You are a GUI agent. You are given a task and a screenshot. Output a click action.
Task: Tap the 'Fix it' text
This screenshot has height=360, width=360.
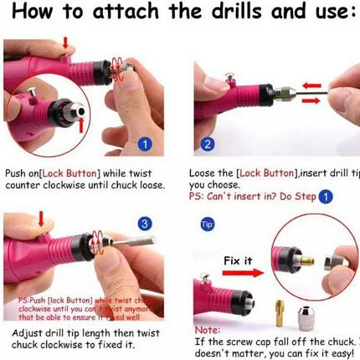(x=237, y=261)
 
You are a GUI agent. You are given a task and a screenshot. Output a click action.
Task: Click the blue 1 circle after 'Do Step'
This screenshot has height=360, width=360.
(x=325, y=197)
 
